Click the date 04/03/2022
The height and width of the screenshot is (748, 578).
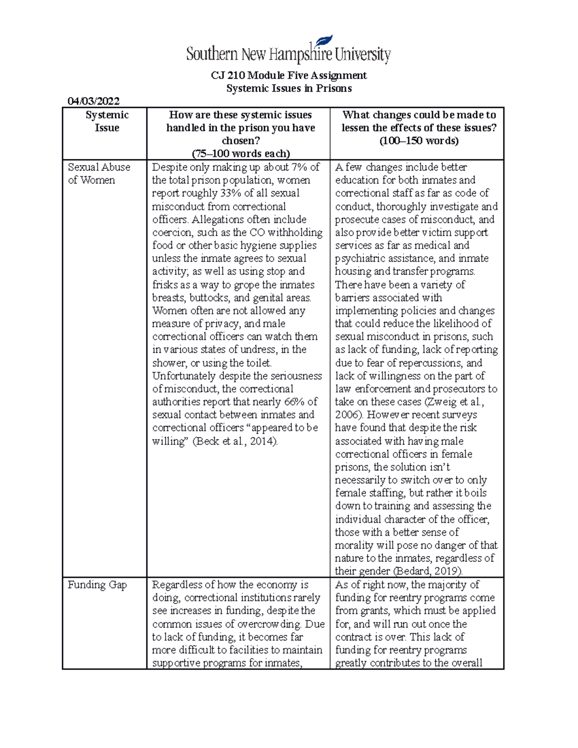click(x=93, y=101)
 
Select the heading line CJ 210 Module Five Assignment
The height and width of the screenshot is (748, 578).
click(x=289, y=75)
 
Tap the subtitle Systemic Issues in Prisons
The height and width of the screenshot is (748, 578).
click(x=289, y=88)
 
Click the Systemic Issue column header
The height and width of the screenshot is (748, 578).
click(x=107, y=121)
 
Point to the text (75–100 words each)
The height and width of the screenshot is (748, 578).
click(x=241, y=154)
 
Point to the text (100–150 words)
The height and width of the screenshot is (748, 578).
click(x=419, y=141)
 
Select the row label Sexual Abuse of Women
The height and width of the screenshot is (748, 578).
click(x=99, y=173)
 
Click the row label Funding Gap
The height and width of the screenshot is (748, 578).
click(x=97, y=585)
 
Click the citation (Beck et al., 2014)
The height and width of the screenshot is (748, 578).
click(x=236, y=441)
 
